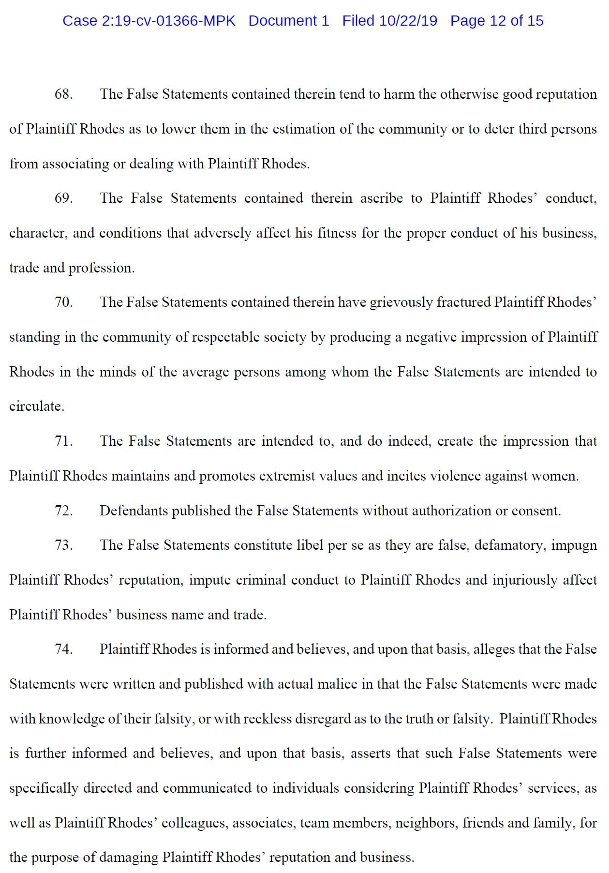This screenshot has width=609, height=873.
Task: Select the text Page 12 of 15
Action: [x=497, y=21]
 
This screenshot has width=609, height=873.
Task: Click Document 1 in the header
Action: [x=289, y=21]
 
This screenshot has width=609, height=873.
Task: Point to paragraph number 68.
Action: [x=63, y=94]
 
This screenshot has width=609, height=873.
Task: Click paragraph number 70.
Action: [x=63, y=302]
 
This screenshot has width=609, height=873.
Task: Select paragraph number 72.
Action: [x=63, y=511]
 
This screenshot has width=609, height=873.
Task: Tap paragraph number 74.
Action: [x=63, y=649]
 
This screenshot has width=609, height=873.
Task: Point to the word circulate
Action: [x=36, y=406]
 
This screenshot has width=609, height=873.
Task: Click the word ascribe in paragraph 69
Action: [x=381, y=198]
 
